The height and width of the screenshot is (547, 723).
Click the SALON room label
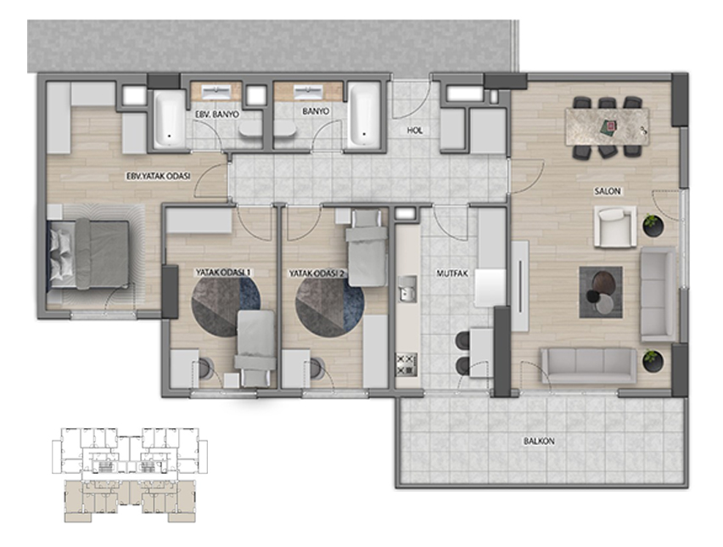(x=608, y=191)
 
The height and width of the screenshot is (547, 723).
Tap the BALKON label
(x=539, y=442)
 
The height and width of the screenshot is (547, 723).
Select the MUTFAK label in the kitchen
(x=451, y=273)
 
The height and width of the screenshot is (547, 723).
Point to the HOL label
(x=414, y=131)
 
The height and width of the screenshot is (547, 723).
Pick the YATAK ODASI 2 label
(x=317, y=273)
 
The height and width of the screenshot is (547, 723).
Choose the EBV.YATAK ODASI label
(x=158, y=176)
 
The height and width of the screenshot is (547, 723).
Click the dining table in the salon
(x=607, y=127)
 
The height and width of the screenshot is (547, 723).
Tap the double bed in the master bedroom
(x=89, y=254)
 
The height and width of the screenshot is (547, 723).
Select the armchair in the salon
(x=615, y=227)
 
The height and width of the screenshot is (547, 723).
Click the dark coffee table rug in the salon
(x=601, y=292)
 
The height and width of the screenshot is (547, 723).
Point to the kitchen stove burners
(x=406, y=364)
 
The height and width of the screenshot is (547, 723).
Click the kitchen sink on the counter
(x=407, y=289)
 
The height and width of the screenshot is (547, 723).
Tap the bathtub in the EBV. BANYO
(x=168, y=119)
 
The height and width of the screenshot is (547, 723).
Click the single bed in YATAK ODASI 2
(x=367, y=248)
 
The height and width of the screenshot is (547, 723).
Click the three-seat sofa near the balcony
(x=588, y=365)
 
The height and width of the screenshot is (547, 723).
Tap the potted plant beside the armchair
(x=653, y=225)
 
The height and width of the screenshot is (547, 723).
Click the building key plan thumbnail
(x=130, y=475)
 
